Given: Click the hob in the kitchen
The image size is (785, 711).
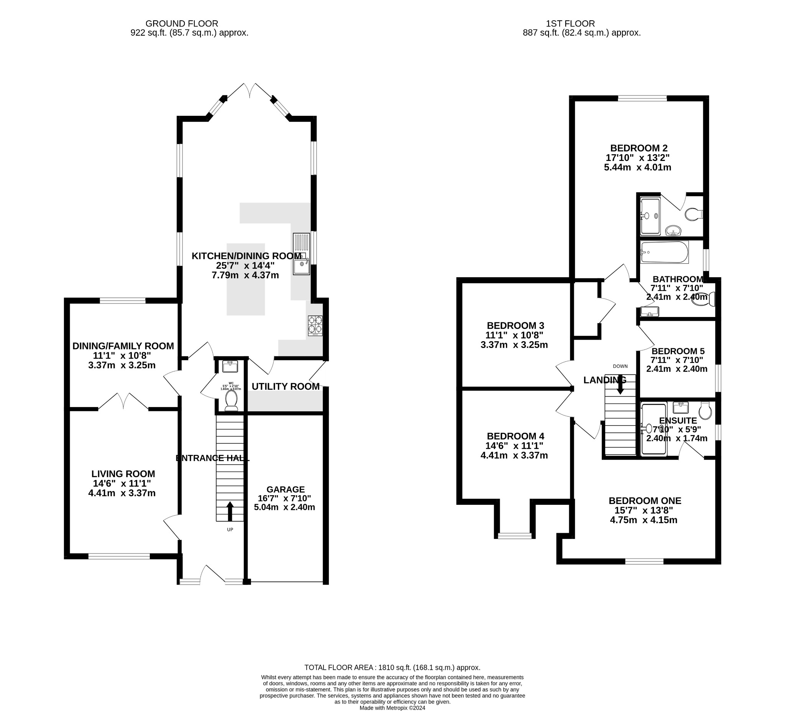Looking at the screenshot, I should [x=315, y=325].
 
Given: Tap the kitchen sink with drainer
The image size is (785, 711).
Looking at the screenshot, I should [x=301, y=254].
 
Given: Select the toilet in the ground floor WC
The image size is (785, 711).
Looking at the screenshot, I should [x=231, y=400].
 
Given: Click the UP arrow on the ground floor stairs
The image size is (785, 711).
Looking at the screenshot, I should [x=230, y=511].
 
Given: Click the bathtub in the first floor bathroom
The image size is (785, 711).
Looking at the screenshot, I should [x=664, y=252].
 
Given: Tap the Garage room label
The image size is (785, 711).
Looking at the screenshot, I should [x=286, y=489].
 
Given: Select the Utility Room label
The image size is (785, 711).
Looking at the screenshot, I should [x=286, y=386].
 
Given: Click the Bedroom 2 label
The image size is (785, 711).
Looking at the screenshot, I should [x=639, y=148].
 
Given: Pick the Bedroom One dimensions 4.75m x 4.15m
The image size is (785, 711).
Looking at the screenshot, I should [x=643, y=520].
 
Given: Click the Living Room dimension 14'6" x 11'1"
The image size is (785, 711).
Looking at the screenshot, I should [x=122, y=483].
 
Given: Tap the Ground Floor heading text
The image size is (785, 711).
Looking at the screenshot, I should [x=181, y=24].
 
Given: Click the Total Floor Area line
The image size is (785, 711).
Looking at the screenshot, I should [x=392, y=667].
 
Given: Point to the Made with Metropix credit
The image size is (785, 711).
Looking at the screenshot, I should [x=392, y=708].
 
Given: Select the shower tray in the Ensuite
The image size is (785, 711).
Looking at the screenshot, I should [x=654, y=430].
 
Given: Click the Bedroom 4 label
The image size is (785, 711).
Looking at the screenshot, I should [x=515, y=436].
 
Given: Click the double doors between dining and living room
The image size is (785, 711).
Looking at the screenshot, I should [x=123, y=401].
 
